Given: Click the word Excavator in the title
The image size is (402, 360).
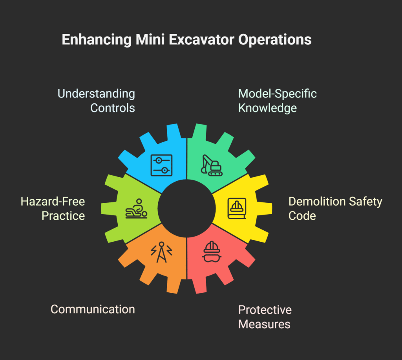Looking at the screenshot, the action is click(x=201, y=40).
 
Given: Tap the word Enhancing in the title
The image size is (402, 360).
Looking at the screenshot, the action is click(x=97, y=40).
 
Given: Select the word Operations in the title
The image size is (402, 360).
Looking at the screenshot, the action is click(x=275, y=40).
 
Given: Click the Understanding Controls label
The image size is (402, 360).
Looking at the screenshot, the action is click(x=96, y=101).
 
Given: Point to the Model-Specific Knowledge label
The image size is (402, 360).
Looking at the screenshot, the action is click(x=278, y=101).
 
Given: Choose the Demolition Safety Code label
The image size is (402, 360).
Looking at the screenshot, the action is click(x=335, y=208).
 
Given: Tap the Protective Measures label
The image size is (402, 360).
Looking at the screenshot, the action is click(x=265, y=317).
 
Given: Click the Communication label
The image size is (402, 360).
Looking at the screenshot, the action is click(x=93, y=309).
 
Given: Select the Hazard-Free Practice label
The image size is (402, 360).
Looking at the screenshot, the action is click(x=53, y=208).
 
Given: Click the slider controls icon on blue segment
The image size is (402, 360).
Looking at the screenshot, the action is click(x=161, y=165).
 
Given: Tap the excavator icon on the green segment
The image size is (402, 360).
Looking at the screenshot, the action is click(x=212, y=165).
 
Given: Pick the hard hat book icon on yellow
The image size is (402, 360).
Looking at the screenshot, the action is click(x=237, y=208).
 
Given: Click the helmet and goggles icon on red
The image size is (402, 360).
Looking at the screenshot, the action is click(x=212, y=252).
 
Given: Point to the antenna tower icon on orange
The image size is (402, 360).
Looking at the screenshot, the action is click(x=161, y=252).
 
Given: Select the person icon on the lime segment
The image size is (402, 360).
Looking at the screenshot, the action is click(x=136, y=208).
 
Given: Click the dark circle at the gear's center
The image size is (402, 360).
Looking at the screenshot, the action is click(x=186, y=208).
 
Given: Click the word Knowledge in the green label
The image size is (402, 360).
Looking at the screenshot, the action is click(x=267, y=108).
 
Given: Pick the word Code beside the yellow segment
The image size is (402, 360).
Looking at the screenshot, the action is click(x=302, y=216).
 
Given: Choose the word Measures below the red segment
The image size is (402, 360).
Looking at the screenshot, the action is click(x=264, y=324).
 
